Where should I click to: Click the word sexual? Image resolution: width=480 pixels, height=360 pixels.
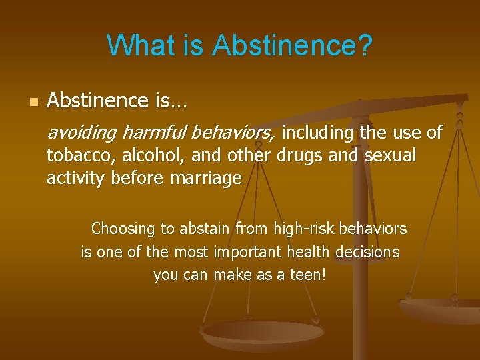coord(390,156)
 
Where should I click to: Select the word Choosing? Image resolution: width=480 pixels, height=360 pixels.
coord(123,229)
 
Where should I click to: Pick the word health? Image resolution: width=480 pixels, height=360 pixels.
coord(310,252)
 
